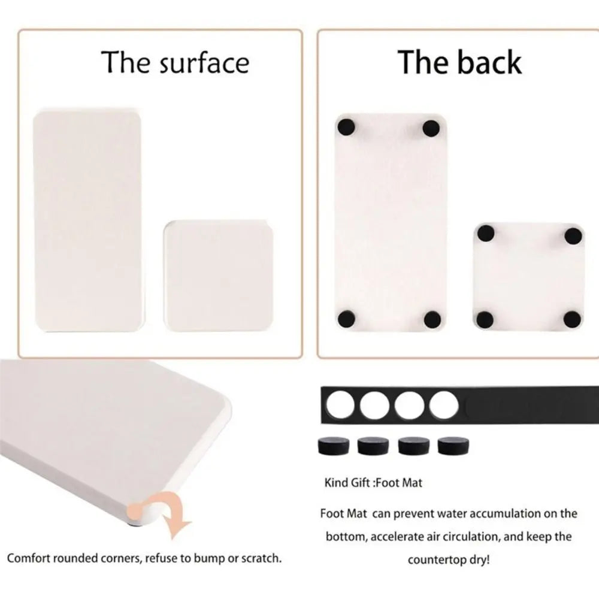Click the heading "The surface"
(x=175, y=62)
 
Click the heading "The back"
(x=459, y=62)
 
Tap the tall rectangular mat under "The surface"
(x=87, y=220)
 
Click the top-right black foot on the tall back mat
(x=431, y=128)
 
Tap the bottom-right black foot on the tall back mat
(x=432, y=318)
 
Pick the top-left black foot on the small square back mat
(x=486, y=234)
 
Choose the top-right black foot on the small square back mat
(x=573, y=234)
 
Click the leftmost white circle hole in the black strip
(x=341, y=405)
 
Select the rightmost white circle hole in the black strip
(x=444, y=405)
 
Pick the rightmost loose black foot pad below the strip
(x=453, y=446)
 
